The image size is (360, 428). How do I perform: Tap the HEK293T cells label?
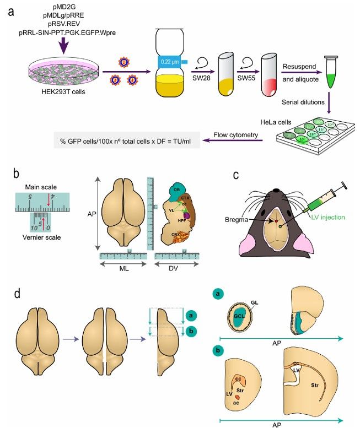pos(63,90)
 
